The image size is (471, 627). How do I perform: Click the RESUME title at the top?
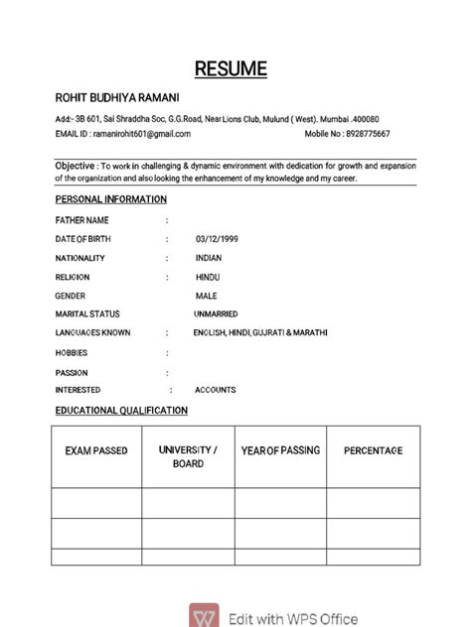[x=231, y=68]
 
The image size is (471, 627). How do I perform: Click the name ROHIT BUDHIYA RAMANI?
[x=116, y=97]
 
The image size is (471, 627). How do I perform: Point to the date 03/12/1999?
[x=217, y=239]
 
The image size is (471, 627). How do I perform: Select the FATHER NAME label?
[x=82, y=220]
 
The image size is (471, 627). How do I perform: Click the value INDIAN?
[x=209, y=258]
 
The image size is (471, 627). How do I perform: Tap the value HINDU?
[x=208, y=277]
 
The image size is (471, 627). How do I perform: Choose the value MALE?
[x=206, y=296]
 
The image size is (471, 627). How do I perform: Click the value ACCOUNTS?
[x=216, y=390]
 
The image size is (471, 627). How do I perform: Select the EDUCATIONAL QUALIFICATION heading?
[x=121, y=410]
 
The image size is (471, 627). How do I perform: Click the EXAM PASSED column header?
[x=96, y=451]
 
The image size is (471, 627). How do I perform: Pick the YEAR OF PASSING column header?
[x=280, y=450]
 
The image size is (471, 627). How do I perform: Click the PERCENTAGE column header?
[x=373, y=450]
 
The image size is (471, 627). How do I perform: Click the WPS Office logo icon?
[x=207, y=617]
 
